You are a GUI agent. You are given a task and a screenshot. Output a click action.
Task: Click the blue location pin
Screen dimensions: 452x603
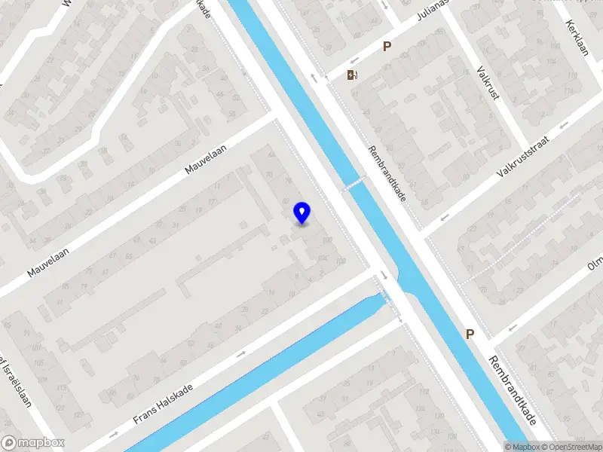coord(302,212)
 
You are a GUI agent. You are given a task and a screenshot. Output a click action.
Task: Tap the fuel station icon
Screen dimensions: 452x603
coord(352,74)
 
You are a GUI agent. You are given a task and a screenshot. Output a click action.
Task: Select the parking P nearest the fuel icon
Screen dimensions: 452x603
coord(387,46)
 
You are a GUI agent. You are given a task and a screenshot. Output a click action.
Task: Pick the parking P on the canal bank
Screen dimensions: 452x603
coord(470,334)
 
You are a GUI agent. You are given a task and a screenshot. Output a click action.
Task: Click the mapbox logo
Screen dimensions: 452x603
coord(33,443)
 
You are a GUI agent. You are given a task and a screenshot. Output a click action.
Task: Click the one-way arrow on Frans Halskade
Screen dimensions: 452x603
coord(241,354)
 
